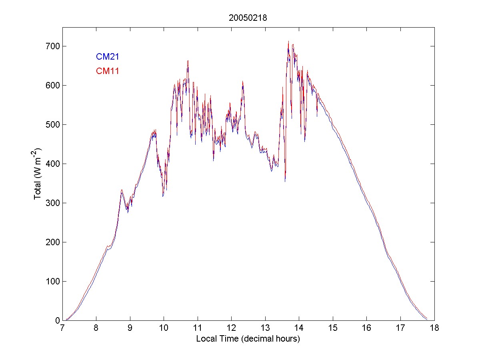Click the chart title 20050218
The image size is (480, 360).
248,18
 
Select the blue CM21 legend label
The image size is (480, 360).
107,57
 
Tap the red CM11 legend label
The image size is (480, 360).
107,71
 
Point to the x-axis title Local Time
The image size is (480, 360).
248,339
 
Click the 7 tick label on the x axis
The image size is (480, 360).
62,328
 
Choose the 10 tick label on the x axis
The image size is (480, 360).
164,328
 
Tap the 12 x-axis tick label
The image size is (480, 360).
231,328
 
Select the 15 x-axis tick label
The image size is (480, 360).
333,328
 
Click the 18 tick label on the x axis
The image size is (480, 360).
434,328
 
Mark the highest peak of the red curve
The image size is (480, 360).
288,41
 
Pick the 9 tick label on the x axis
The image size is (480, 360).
130,328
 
